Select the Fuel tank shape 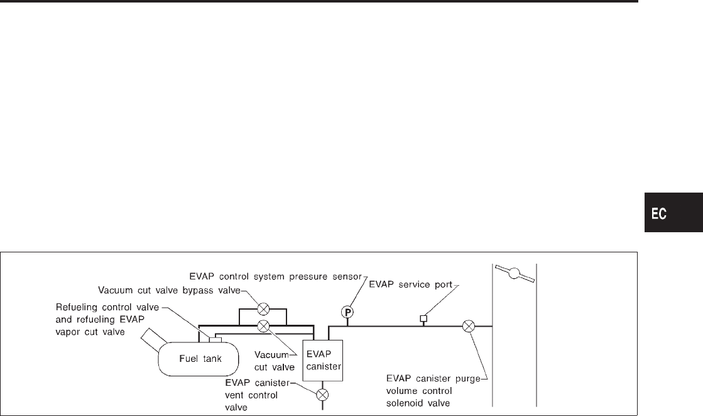(198, 358)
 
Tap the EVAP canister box (322, 361)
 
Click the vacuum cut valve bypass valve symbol (264, 309)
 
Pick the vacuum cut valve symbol (264, 325)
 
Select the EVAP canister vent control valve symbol (322, 395)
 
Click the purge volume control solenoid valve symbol (468, 326)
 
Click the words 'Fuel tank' (198, 359)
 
